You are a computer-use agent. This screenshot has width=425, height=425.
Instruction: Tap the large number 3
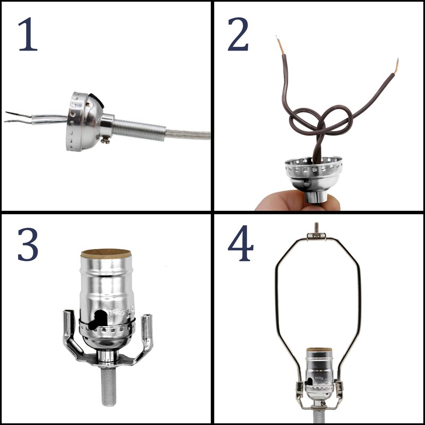point(28,244)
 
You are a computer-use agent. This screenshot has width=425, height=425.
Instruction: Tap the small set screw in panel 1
point(106,139)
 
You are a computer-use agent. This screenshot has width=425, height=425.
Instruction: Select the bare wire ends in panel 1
point(19,117)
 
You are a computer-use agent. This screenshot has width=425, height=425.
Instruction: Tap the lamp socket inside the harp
point(318,372)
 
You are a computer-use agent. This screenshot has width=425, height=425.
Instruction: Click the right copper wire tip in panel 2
point(396,66)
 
